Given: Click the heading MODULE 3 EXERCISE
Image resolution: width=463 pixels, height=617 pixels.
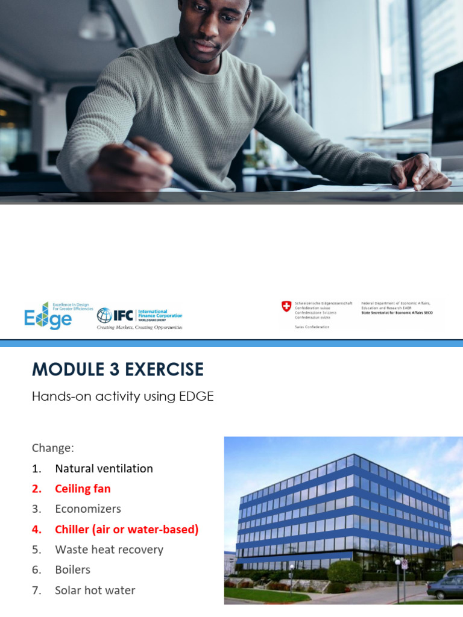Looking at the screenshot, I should click(x=118, y=369).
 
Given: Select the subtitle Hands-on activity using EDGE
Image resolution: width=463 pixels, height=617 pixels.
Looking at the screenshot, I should click(x=122, y=396).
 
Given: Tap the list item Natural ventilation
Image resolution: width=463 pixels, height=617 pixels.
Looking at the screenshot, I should click(x=104, y=468).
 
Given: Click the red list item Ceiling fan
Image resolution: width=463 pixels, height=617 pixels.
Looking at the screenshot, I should click(x=83, y=489).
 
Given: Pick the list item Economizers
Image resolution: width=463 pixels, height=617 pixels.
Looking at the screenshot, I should click(x=88, y=509).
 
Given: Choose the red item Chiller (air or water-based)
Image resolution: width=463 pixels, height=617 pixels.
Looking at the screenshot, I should click(x=127, y=529).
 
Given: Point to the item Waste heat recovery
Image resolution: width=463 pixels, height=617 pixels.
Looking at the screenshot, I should click(x=109, y=550).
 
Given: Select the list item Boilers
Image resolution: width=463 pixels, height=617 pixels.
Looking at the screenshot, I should click(x=72, y=569).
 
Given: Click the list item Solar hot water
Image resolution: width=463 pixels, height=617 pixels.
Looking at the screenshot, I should click(x=95, y=590).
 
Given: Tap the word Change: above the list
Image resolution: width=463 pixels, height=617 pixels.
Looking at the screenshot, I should click(x=52, y=448).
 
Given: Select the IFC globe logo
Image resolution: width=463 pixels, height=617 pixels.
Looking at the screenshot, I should click(x=104, y=315).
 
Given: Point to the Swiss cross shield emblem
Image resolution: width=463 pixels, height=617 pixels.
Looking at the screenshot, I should click(x=286, y=307).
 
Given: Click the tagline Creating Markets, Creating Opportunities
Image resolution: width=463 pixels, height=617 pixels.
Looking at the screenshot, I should click(x=140, y=327).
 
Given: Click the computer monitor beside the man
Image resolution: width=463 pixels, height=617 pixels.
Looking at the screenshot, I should click(x=447, y=108).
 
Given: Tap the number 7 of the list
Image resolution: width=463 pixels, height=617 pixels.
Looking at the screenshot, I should click(x=36, y=590).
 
